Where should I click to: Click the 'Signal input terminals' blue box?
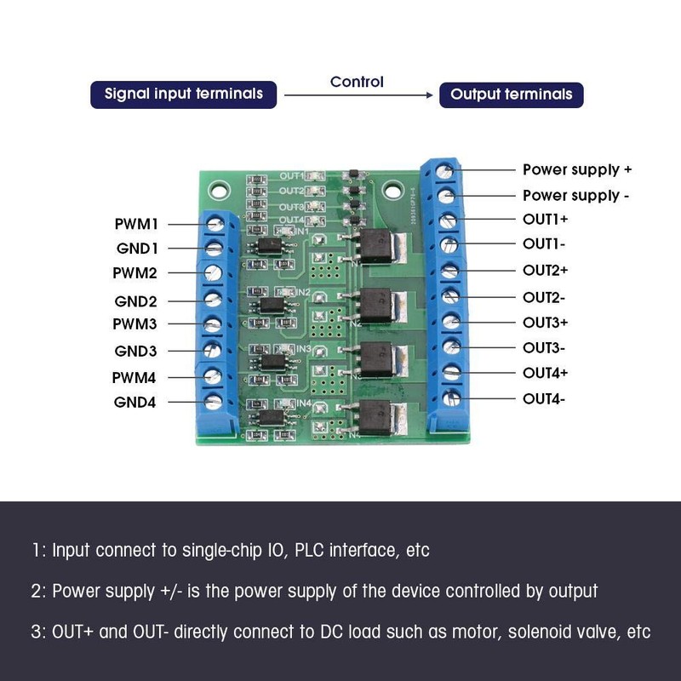[x=184, y=94]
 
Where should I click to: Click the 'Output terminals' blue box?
[x=511, y=94]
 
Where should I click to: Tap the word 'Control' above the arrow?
[x=357, y=82]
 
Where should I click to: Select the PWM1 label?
[x=137, y=225]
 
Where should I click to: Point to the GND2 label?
[x=135, y=301]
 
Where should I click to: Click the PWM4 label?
[x=135, y=377]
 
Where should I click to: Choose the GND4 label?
[x=135, y=402]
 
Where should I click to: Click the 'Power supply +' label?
[x=576, y=170]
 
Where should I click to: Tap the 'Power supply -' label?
[x=575, y=196]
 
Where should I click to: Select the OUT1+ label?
[x=545, y=220]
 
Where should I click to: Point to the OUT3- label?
[x=543, y=347]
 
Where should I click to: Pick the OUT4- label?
[x=543, y=398]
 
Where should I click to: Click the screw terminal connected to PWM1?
[x=215, y=224]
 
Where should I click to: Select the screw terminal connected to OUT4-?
[x=451, y=397]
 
